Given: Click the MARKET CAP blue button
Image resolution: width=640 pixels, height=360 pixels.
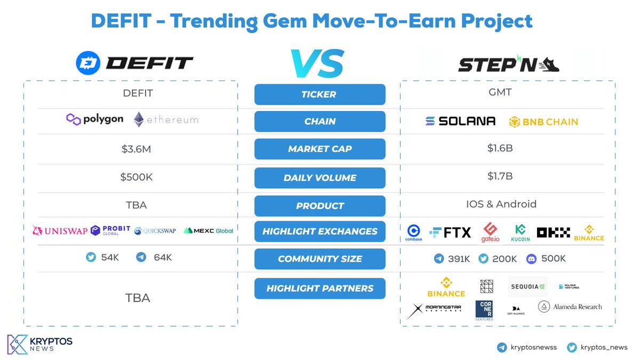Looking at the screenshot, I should click(319, 149).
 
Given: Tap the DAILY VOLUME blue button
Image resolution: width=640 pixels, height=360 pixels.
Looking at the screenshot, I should click(319, 178).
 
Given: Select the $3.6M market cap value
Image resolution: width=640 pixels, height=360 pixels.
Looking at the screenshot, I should click(137, 149).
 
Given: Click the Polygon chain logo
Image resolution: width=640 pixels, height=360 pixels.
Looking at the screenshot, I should click(95, 119).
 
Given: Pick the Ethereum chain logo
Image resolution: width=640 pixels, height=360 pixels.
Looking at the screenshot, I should click(166, 119).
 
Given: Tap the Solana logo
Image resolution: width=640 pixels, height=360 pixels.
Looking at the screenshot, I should click(460, 121).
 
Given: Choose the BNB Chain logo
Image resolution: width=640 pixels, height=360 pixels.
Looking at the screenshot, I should click(543, 122).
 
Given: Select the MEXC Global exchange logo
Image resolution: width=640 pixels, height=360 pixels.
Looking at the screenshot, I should click(208, 231).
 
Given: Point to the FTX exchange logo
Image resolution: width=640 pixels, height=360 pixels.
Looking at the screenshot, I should click(450, 232).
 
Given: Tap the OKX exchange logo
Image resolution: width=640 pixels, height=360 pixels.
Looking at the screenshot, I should click(553, 232).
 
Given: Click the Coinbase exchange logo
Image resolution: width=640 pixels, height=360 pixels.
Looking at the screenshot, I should click(414, 233).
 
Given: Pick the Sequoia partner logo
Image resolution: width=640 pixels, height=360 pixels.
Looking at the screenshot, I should click(527, 286).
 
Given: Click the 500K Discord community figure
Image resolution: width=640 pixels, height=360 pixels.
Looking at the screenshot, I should click(546, 259).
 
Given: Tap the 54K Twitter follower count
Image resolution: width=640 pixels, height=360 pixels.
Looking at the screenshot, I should click(103, 258).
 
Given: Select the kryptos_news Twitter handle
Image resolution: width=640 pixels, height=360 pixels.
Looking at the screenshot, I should click(597, 347).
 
